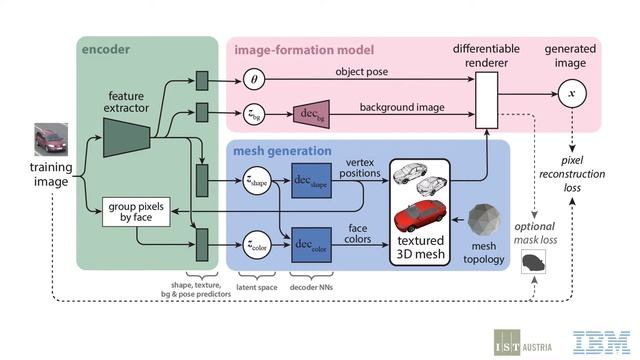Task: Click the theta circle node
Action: pyautogui.click(x=254, y=77)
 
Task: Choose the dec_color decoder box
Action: pyautogui.click(x=311, y=243)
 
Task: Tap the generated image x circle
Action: pyautogui.click(x=571, y=95)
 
